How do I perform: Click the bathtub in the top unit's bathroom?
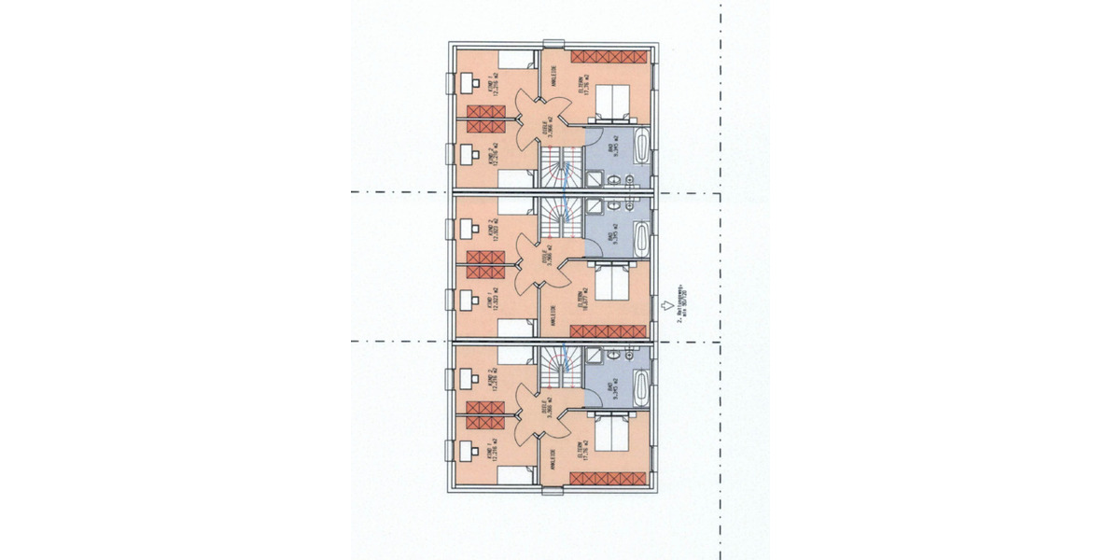tap(641, 147)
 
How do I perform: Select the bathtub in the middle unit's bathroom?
tap(641, 238)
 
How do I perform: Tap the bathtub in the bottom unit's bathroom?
tap(641, 385)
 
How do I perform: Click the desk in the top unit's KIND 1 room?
tap(467, 84)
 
